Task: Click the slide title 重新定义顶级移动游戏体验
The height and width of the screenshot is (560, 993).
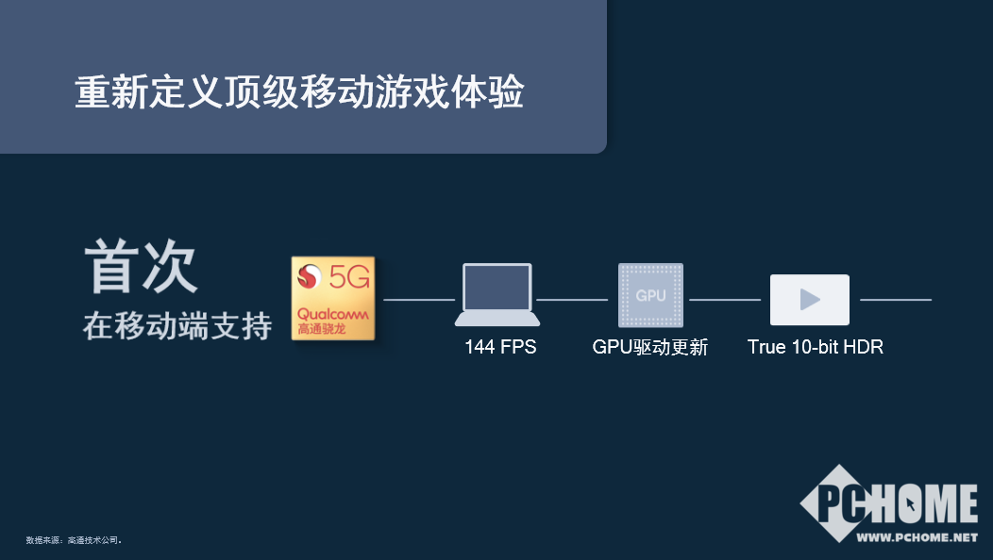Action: click(298, 93)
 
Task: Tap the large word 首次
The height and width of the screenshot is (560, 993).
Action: click(142, 267)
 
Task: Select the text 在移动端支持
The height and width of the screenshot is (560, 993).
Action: click(177, 325)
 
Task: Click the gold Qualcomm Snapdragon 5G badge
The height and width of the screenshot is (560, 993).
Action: click(333, 298)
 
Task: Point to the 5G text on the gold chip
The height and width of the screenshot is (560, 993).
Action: click(349, 277)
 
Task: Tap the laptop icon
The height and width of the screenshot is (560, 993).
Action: click(497, 295)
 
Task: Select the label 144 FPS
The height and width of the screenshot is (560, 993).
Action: click(500, 347)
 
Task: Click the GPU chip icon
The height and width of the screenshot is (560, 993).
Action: click(650, 295)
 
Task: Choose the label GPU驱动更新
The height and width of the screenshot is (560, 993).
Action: click(650, 347)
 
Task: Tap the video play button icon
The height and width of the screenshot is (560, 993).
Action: click(810, 300)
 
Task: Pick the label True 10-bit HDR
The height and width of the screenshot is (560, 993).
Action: click(816, 347)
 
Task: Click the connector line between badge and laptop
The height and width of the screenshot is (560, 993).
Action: click(419, 300)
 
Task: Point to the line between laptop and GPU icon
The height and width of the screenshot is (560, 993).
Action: click(572, 300)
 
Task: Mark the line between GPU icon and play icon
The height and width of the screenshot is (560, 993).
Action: click(725, 300)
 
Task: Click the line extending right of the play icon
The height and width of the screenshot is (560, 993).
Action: click(896, 300)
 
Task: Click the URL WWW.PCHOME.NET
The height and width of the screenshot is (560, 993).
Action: click(917, 537)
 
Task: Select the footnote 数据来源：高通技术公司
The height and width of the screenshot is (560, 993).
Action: click(74, 540)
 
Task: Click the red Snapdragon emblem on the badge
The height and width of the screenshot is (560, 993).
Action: click(310, 277)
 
